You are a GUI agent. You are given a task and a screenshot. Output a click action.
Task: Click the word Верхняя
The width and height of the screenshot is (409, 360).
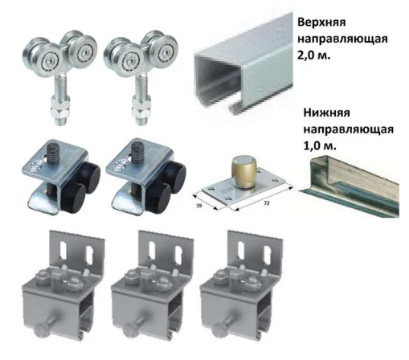(x=321, y=22)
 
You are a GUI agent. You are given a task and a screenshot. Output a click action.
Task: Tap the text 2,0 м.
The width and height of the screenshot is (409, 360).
(x=314, y=55)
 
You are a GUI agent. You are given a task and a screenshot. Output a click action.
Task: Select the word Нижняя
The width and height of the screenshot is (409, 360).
(x=326, y=112)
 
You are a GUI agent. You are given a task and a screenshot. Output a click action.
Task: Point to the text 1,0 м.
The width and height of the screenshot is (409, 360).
(x=320, y=146)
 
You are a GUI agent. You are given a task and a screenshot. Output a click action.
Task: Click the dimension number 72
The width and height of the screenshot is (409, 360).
(x=267, y=203)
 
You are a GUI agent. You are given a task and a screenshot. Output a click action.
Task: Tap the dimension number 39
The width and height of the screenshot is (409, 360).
(x=198, y=207)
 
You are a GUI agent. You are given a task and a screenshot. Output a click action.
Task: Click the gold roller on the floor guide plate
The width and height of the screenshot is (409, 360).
(x=244, y=172)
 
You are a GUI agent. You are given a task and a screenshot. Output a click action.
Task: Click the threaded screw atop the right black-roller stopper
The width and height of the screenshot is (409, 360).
(x=137, y=153)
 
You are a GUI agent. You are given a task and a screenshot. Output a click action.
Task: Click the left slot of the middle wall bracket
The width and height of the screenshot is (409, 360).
(x=152, y=250)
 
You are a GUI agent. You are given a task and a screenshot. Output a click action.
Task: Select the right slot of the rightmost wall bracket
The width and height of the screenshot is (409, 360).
(x=268, y=256)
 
